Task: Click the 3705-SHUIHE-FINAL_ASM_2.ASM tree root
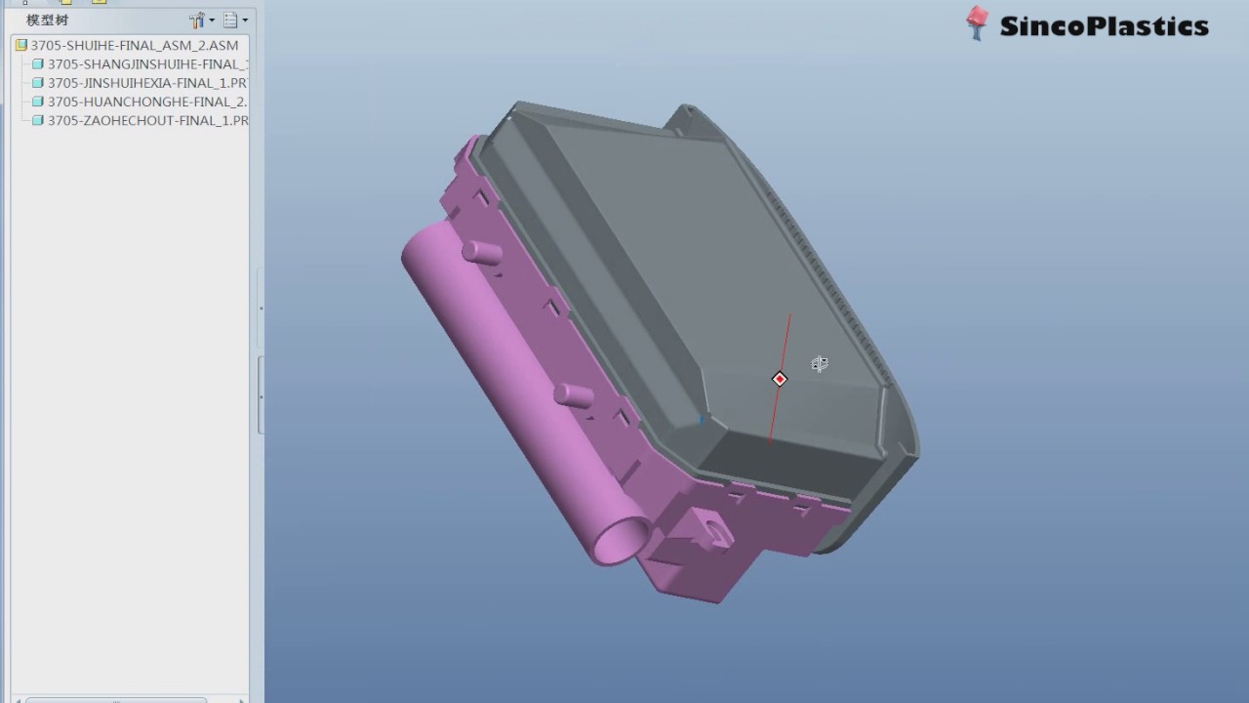click(134, 45)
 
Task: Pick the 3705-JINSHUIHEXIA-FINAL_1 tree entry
click(146, 83)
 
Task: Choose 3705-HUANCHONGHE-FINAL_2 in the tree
click(146, 102)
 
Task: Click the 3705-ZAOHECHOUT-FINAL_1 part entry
click(146, 120)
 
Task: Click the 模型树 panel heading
click(47, 20)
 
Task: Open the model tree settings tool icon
click(198, 20)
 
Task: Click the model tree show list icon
click(231, 20)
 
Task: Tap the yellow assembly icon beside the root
click(20, 45)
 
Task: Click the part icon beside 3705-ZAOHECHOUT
click(38, 120)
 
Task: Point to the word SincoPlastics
click(1104, 26)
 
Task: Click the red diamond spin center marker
click(780, 379)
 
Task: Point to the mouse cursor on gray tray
click(820, 364)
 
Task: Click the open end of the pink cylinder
click(622, 540)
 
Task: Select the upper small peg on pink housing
click(483, 253)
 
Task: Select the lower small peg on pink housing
click(574, 395)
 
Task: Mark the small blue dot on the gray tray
click(701, 420)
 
